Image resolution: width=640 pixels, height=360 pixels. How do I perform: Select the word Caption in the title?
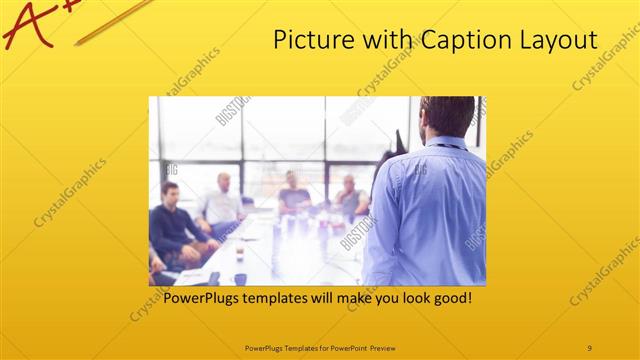[444, 40]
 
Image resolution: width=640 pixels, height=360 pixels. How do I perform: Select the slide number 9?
[589, 347]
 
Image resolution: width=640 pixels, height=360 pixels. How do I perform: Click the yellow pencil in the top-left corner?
[110, 23]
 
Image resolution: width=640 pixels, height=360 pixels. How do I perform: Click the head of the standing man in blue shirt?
[446, 117]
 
